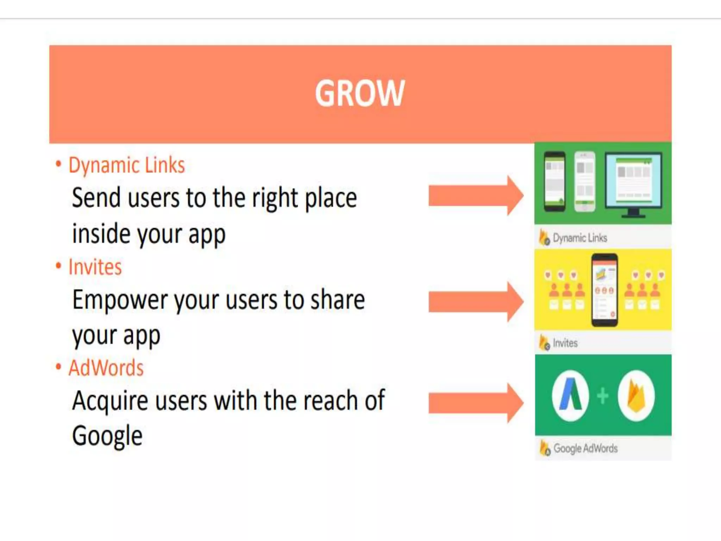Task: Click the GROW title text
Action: coord(360,93)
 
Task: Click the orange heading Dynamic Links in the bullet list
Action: coord(126,165)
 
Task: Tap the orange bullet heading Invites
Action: coord(95,267)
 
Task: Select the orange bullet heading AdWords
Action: coord(106,368)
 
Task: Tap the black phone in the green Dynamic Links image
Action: coord(554,182)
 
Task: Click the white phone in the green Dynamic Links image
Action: coord(585,182)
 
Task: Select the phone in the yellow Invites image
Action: coord(604,290)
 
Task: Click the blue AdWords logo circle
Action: coord(570,396)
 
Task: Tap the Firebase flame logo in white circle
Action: coord(636,396)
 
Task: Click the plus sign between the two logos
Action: coord(603,396)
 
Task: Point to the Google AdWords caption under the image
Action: coord(585,448)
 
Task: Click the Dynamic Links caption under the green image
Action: coord(579,238)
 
